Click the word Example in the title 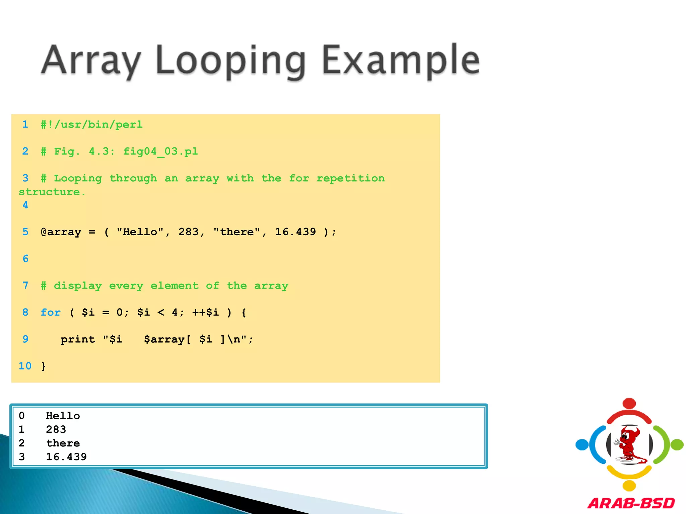[401, 60]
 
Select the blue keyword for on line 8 [51, 313]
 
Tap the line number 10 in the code [25, 366]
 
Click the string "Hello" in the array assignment [140, 232]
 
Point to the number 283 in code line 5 [189, 232]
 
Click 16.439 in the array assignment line [295, 232]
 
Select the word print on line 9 [78, 339]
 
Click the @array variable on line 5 [61, 232]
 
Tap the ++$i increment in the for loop [205, 313]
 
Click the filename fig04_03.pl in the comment [161, 152]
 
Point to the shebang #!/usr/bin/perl [92, 125]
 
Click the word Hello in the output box [63, 416]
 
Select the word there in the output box [63, 443]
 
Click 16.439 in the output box [66, 457]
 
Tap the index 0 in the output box [22, 416]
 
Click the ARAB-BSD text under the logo [631, 503]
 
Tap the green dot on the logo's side [677, 445]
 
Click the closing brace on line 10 [44, 366]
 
